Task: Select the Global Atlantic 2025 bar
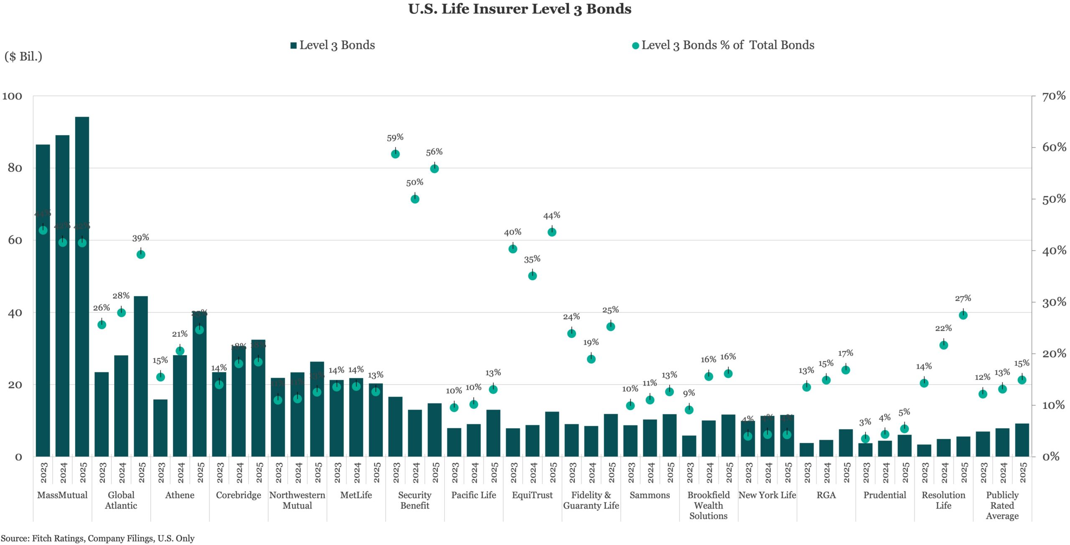pos(141,376)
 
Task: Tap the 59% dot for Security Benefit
pos(395,154)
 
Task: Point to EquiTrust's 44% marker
pos(552,232)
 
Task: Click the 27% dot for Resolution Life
pos(963,315)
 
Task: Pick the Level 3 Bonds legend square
pos(293,46)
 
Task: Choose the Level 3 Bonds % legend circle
pos(635,46)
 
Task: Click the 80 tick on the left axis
pos(15,168)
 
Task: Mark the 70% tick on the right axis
pos(1054,96)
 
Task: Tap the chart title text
pos(520,9)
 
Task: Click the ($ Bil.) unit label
pos(23,56)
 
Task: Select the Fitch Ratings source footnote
pos(97,538)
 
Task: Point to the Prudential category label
pos(885,495)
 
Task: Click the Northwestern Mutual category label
pos(297,500)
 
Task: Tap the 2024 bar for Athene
pos(180,406)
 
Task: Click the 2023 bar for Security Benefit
pos(395,427)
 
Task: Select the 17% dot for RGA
pos(846,370)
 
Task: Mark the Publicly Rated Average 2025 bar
pos(1022,440)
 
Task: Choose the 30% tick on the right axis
pos(1054,302)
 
